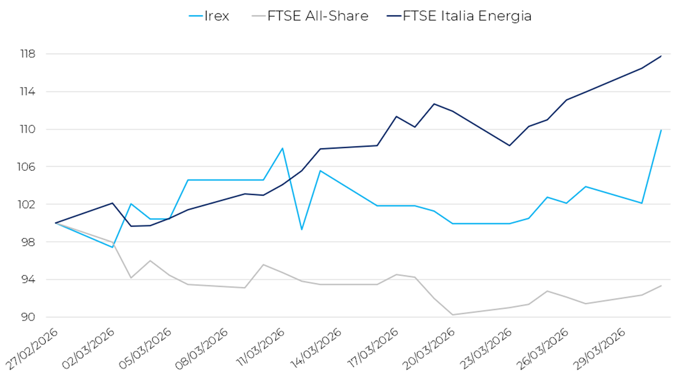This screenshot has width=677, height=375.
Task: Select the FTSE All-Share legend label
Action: pos(318,16)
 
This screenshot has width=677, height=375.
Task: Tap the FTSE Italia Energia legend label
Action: pos(467,16)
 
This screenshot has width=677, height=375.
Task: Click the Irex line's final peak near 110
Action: pos(661,130)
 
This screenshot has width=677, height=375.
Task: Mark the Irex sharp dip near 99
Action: pos(301,229)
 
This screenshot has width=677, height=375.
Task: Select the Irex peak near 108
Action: pos(282,148)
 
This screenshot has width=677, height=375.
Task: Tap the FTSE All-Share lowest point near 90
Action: pos(453,315)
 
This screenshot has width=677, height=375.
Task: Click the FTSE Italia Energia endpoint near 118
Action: pos(661,56)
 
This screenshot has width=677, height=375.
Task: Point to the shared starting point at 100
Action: pos(55,223)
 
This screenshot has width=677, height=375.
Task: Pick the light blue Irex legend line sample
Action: pos(197,16)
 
